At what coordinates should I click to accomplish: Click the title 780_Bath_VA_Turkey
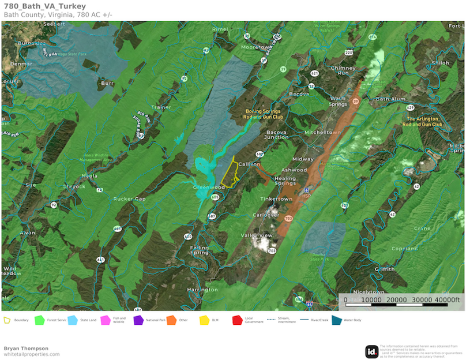[44, 6]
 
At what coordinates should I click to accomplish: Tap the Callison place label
[249, 164]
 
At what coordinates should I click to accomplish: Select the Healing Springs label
[285, 181]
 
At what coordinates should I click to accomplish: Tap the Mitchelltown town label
[322, 132]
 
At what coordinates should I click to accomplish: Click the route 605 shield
[215, 197]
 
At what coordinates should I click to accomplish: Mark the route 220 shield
[349, 52]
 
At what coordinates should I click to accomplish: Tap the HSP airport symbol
[306, 190]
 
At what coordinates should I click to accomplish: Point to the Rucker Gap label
[129, 199]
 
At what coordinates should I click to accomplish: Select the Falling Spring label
[200, 250]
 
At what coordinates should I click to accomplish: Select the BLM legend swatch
[204, 320]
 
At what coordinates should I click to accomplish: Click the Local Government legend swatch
[237, 320]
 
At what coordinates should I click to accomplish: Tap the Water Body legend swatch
[336, 320]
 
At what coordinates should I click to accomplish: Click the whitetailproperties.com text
[32, 354]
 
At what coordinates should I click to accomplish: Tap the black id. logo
[372, 351]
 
